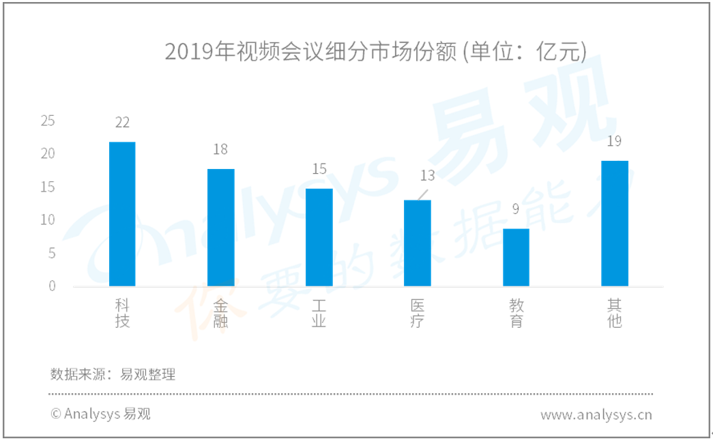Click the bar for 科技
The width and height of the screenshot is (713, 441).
122,214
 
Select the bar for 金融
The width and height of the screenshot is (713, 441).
221,228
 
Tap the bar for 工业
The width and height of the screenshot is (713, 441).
319,237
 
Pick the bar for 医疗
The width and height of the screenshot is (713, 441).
418,243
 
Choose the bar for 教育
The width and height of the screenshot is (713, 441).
516,258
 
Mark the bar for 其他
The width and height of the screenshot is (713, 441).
615,224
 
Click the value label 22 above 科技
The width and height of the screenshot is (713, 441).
122,123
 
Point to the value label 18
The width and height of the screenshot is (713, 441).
220,149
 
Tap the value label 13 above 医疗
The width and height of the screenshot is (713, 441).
427,175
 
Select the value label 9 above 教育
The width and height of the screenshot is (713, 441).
516,209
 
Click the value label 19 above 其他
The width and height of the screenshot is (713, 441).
614,141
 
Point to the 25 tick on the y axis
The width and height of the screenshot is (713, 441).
48,121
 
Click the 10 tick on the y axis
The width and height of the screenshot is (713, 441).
48,220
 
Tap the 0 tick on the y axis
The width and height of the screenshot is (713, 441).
52,286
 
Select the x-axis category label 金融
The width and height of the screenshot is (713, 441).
220,314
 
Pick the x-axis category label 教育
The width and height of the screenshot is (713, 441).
516,314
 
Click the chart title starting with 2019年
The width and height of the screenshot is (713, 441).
375,51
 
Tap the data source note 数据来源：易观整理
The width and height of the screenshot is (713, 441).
113,374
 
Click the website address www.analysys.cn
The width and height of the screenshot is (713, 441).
596,414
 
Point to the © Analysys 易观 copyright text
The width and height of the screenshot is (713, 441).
100,414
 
